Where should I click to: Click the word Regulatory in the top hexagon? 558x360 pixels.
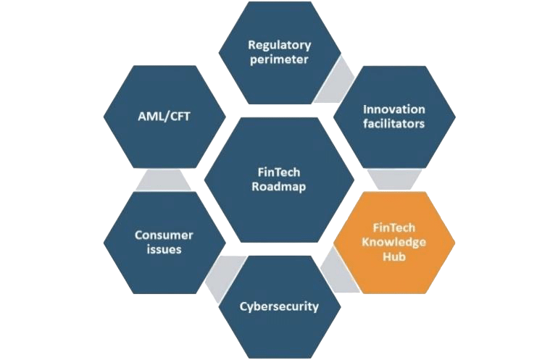pyautogui.click(x=279, y=46)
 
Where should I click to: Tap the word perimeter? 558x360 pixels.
pyautogui.click(x=279, y=60)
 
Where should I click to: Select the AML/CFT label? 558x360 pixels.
pyautogui.click(x=164, y=117)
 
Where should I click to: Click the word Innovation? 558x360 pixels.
pyautogui.click(x=394, y=109)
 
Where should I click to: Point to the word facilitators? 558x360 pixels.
pyautogui.click(x=394, y=124)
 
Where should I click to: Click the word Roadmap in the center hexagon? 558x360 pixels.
pyautogui.click(x=279, y=187)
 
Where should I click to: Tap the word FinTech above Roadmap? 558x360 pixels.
pyautogui.click(x=279, y=172)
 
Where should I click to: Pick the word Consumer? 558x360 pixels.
pyautogui.click(x=164, y=235)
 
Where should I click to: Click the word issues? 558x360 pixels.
pyautogui.click(x=164, y=250)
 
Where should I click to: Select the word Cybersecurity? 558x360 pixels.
pyautogui.click(x=279, y=306)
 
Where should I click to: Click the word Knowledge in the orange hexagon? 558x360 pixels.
pyautogui.click(x=394, y=243)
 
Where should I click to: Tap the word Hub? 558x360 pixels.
pyautogui.click(x=394, y=256)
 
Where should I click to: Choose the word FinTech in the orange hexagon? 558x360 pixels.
pyautogui.click(x=394, y=227)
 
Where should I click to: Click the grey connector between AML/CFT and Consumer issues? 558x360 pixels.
pyautogui.click(x=164, y=180)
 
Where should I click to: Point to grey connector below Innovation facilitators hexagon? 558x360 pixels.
pyautogui.click(x=394, y=180)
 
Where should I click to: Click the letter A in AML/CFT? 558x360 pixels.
pyautogui.click(x=142, y=117)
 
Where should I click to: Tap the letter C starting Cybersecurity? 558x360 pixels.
pyautogui.click(x=244, y=306)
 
